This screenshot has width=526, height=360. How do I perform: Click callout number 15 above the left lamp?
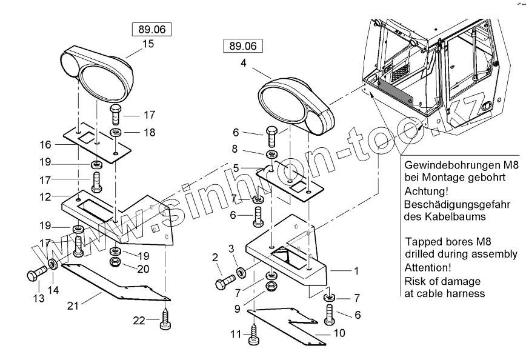[148, 44]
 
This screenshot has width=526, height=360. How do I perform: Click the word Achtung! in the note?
[422, 191]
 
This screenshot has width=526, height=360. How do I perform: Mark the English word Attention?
[427, 267]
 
